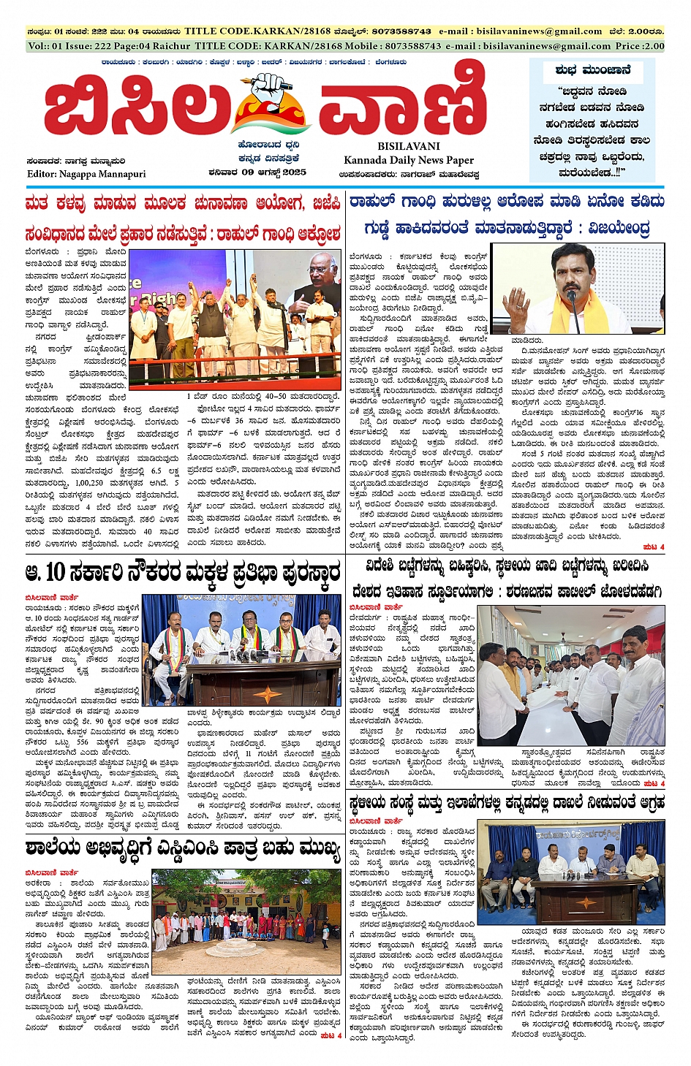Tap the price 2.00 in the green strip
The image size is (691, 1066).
point(649,45)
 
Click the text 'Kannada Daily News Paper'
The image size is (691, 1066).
point(409,160)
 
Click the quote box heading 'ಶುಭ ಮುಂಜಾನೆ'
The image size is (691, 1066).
point(592,71)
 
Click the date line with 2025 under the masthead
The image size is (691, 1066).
point(257,172)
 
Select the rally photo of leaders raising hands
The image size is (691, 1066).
point(234,320)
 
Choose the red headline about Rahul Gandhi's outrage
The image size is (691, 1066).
point(183,235)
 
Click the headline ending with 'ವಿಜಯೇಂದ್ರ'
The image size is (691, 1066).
point(507,228)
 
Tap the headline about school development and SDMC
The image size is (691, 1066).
point(183,849)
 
